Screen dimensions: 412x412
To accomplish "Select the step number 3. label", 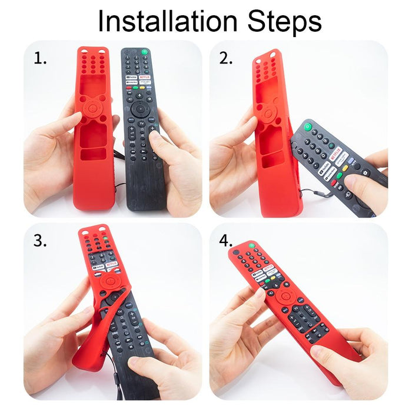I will tap(41, 241).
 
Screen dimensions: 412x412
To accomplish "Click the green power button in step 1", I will tap(145, 53).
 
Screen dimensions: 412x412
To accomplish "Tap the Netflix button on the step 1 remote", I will tap(145, 77).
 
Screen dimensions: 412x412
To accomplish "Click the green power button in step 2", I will tap(307, 126).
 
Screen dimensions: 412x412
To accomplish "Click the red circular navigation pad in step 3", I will tap(108, 282).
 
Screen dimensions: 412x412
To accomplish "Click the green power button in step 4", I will tap(251, 245).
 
